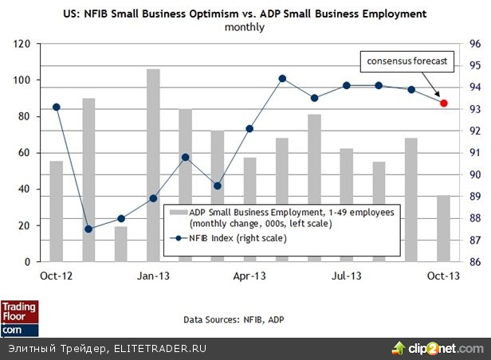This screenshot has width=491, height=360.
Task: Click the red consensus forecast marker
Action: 444,103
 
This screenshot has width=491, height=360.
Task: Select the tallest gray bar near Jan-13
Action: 153,165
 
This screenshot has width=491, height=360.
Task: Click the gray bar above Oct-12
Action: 56,211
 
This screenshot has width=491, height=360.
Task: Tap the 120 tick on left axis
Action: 22,44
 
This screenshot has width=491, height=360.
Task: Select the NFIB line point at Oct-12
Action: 56,107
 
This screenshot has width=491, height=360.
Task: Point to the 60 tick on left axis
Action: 24,153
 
